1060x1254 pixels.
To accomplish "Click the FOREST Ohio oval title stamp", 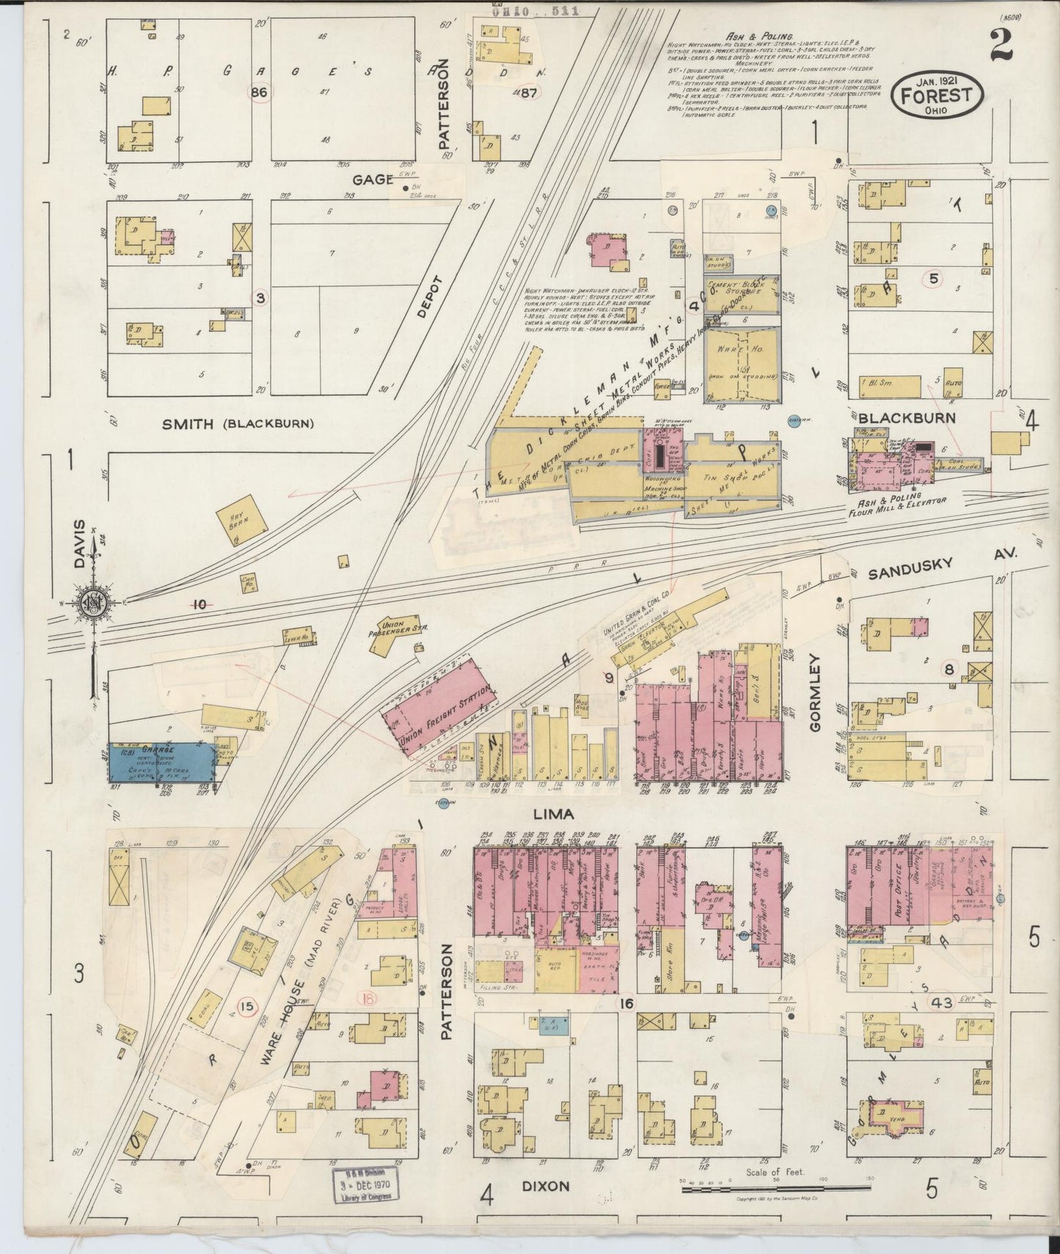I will tap(936, 98).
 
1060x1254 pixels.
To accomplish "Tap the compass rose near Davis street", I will tap(94, 603).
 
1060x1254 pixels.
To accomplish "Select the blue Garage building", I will tap(161, 763).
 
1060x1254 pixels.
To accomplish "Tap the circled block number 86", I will tap(258, 92).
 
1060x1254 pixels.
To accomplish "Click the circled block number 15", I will tap(246, 1007).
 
